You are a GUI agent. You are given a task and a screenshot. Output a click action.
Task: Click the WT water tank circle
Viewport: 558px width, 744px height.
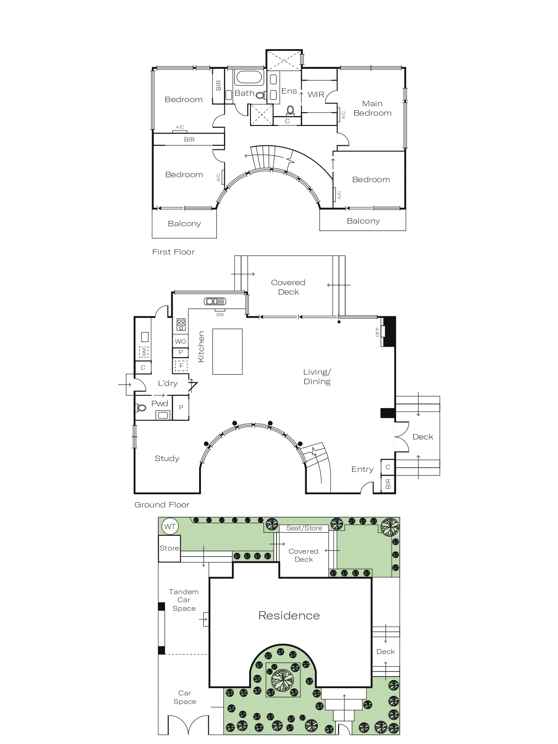coord(170,526)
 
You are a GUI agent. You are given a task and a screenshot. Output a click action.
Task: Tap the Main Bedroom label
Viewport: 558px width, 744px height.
coord(372,108)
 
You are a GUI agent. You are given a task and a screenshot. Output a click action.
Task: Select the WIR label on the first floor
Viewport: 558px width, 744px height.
coord(316,94)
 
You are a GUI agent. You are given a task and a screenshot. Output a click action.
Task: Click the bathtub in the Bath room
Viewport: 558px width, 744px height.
coord(249,77)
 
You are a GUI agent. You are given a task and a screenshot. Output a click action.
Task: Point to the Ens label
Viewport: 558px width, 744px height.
coord(289,91)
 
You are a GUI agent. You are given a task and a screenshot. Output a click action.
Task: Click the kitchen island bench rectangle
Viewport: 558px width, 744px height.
coord(228,351)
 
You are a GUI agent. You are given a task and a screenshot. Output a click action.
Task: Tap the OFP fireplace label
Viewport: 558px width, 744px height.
coord(377,332)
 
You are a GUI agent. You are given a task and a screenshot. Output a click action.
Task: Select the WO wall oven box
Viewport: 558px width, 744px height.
coord(181,341)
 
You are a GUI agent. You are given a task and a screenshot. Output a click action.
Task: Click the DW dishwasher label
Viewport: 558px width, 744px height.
coord(220,314)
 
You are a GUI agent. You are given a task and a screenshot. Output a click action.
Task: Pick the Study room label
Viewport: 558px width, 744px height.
coord(167,458)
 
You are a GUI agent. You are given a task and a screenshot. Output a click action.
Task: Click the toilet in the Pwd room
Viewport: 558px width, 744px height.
coord(141,408)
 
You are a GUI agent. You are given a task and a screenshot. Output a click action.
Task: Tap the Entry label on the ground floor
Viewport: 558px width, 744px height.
coord(362,469)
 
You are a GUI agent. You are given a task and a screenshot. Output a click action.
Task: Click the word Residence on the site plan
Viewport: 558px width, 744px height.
coord(289,615)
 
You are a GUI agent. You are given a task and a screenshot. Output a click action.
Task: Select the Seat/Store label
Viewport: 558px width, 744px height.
coord(304,528)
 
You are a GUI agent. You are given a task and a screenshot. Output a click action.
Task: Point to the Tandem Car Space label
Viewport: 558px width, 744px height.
coord(184,600)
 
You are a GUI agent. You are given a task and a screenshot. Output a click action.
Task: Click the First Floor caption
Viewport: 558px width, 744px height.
coord(173,252)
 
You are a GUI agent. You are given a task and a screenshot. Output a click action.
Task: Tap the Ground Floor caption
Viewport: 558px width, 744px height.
coord(162,505)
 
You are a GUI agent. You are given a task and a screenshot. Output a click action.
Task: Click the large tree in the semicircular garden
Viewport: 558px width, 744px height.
coord(283,680)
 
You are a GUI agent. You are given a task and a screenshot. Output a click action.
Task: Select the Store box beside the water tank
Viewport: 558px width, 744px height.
coord(170,548)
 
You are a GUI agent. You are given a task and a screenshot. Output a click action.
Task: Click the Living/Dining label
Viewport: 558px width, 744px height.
coord(317,377)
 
